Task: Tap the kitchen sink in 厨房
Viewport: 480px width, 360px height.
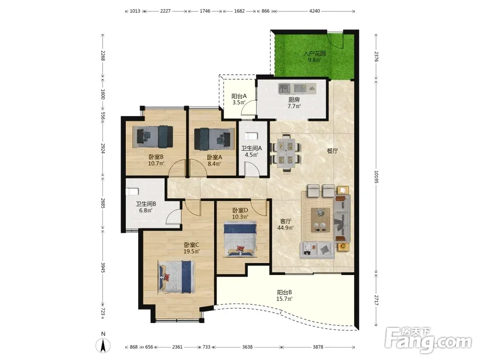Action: pos(284,88)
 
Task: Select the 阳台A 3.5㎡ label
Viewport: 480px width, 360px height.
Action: pos(239,99)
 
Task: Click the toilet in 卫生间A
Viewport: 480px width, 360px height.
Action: pos(252,136)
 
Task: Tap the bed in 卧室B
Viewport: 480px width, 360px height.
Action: pos(153,136)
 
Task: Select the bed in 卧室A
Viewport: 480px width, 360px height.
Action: pos(212,136)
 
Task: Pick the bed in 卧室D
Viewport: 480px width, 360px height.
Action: pos(240,240)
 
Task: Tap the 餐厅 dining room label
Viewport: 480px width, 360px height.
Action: pos(333,151)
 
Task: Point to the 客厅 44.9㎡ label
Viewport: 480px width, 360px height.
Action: pos(285,224)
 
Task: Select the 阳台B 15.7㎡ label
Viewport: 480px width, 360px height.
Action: pos(284,295)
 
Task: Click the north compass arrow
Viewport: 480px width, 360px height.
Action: pos(103,346)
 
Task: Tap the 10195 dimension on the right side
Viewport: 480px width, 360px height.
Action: pos(376,177)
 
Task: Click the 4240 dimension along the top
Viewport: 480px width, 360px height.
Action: pos(314,11)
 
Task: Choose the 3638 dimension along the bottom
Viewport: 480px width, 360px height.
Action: pos(247,347)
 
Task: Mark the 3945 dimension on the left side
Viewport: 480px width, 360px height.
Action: pos(103,268)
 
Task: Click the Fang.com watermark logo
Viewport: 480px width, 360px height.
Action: pos(428,339)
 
